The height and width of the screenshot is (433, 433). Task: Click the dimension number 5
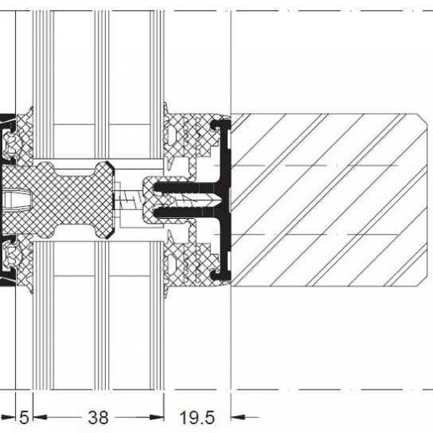[x=24, y=417]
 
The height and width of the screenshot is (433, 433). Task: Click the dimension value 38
[x=98, y=417]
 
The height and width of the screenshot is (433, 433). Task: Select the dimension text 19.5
[x=197, y=417]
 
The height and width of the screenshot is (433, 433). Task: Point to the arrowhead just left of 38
[x=40, y=417]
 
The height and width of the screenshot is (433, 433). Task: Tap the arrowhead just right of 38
[x=157, y=417]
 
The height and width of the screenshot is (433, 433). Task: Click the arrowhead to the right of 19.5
[x=238, y=417]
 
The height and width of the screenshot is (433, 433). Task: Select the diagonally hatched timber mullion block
[x=329, y=200]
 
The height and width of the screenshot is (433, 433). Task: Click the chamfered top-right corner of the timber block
[x=423, y=118]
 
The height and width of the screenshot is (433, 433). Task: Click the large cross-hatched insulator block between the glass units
[x=58, y=200]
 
